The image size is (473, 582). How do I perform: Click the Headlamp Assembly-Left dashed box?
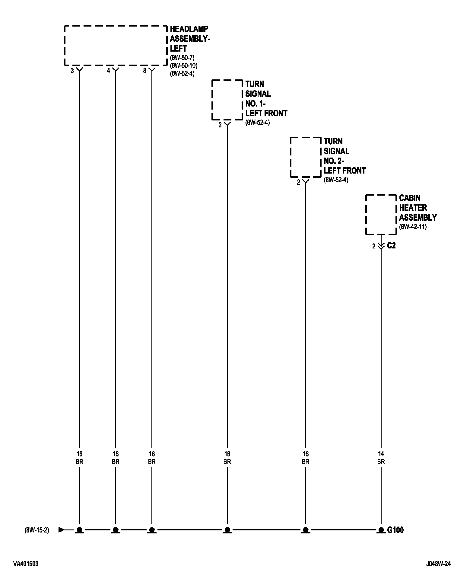point(116,45)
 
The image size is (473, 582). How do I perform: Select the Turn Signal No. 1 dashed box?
point(227,100)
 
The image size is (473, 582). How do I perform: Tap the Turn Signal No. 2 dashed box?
point(305,157)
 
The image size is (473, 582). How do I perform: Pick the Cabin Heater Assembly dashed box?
point(381,214)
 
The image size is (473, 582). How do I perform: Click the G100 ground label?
point(395,530)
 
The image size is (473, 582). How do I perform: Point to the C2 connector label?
point(391,246)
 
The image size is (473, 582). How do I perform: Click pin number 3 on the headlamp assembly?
point(72,71)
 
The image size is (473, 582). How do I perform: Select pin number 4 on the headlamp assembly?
point(108,71)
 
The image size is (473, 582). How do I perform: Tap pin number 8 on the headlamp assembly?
point(144,71)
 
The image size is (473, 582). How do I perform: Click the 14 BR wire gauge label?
point(381,458)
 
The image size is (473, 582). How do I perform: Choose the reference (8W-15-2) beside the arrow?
point(37,530)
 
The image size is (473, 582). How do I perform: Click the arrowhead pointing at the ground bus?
point(62,530)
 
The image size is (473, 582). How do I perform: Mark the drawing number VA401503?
point(26,564)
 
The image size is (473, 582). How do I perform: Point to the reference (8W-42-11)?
point(413,227)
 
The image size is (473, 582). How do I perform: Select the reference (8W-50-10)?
point(184,65)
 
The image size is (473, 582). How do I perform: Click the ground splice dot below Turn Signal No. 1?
point(227,530)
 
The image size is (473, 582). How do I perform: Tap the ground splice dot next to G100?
point(381,530)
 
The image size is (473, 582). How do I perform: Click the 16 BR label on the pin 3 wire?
point(79,458)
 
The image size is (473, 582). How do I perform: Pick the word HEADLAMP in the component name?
point(189,29)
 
